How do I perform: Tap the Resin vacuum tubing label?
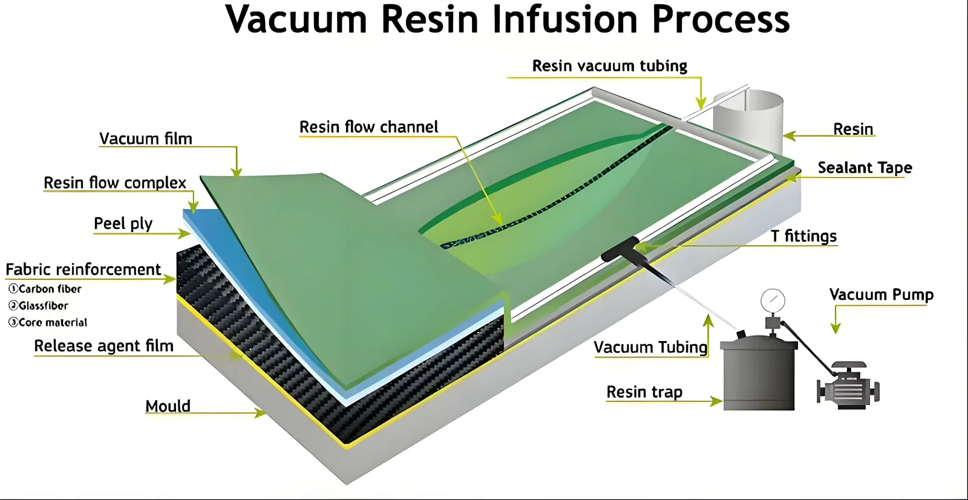point(609,66)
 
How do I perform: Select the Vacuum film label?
point(146,139)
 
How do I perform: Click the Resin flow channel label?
point(368,127)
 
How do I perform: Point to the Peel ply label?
point(123,224)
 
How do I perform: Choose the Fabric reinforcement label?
point(83,270)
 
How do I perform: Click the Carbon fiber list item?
point(45,289)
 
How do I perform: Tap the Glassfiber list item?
point(39,306)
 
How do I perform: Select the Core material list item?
point(48,323)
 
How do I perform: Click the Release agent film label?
point(103,346)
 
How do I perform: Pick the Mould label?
point(168,406)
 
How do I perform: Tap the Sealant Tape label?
point(865,167)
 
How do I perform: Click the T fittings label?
point(803,236)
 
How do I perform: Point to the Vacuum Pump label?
point(881,294)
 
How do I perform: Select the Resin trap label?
point(644,392)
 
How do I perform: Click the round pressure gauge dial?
point(773,299)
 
